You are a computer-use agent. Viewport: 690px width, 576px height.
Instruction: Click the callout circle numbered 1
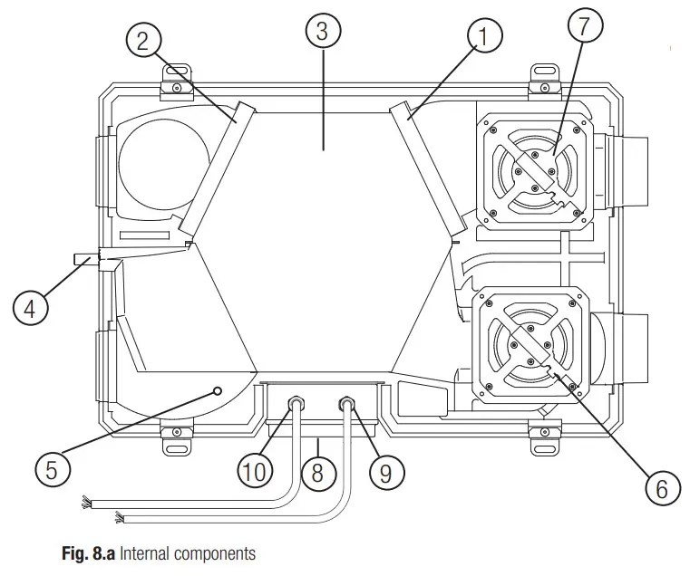[x=485, y=37]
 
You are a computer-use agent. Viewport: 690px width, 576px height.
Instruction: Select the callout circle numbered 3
[x=323, y=31]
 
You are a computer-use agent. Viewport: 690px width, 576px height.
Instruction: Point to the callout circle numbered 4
[x=30, y=308]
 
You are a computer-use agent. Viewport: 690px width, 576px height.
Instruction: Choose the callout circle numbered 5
[x=51, y=469]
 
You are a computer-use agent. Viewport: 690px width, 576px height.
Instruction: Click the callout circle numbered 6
[x=661, y=489]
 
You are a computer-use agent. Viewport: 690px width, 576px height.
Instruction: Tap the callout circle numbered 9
[x=387, y=473]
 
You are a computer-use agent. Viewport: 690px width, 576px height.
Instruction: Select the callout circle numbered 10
[x=254, y=472]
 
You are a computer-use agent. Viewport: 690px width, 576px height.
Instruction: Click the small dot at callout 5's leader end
[x=218, y=390]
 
